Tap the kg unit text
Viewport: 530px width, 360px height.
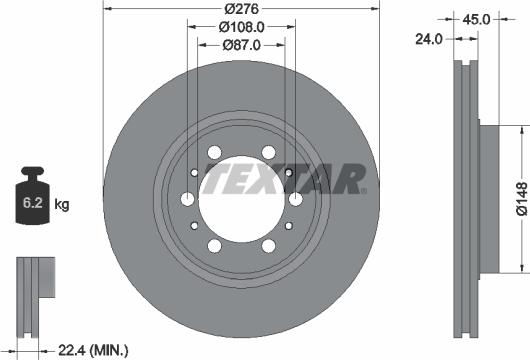[62, 205]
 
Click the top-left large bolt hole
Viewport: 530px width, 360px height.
[214, 153]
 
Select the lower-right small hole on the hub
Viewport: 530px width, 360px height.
[288, 225]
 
